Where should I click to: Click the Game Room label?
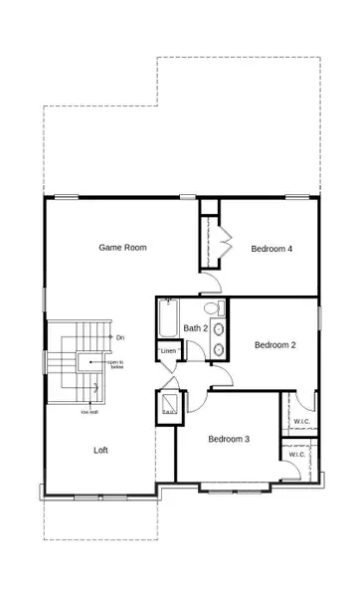pos(122,247)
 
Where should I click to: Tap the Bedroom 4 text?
pos(270,249)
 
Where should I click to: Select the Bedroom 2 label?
pos(274,345)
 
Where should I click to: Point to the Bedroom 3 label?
pos(228,439)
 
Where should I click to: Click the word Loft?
pos(100,450)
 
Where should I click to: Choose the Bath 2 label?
pos(195,327)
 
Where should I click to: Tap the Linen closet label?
pos(168,350)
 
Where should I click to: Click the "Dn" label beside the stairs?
pos(119,338)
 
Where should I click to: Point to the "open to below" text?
pos(115,364)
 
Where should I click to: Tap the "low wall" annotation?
pos(87,411)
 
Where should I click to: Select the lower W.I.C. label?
pos(297,455)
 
